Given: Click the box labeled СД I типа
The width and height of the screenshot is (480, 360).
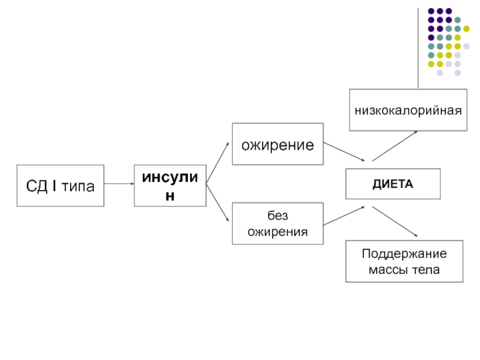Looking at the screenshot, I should pos(60,186).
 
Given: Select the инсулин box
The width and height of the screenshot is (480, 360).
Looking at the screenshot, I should pos(170,186).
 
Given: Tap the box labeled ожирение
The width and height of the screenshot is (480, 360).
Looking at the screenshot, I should pos(278,145).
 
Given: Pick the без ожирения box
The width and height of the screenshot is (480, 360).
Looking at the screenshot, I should pos(278,223).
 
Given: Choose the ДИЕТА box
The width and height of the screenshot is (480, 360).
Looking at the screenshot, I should pos(393,184).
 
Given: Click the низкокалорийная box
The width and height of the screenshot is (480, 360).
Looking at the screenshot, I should pos(407,110).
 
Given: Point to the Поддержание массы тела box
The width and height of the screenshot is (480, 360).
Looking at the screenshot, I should pos(404,262).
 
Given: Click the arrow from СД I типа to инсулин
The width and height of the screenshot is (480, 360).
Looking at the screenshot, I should pos(119,185).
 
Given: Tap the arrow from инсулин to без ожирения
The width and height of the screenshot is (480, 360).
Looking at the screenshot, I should pos(217,203).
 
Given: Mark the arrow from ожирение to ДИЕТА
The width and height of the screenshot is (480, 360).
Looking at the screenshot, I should pos(344,151).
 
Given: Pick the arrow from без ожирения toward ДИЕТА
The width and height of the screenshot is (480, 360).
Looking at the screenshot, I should pos(344,217).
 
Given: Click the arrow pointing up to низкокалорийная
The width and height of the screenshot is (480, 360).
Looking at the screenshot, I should pos(394,146).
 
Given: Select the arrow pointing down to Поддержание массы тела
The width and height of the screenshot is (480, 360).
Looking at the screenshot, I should pos(394,221).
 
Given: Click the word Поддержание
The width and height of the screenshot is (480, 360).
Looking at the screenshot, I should pos(404,254).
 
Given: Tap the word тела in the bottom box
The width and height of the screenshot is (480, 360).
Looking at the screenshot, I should pos(427,270).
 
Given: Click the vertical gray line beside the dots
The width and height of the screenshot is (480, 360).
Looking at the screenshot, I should pos(418,48).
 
